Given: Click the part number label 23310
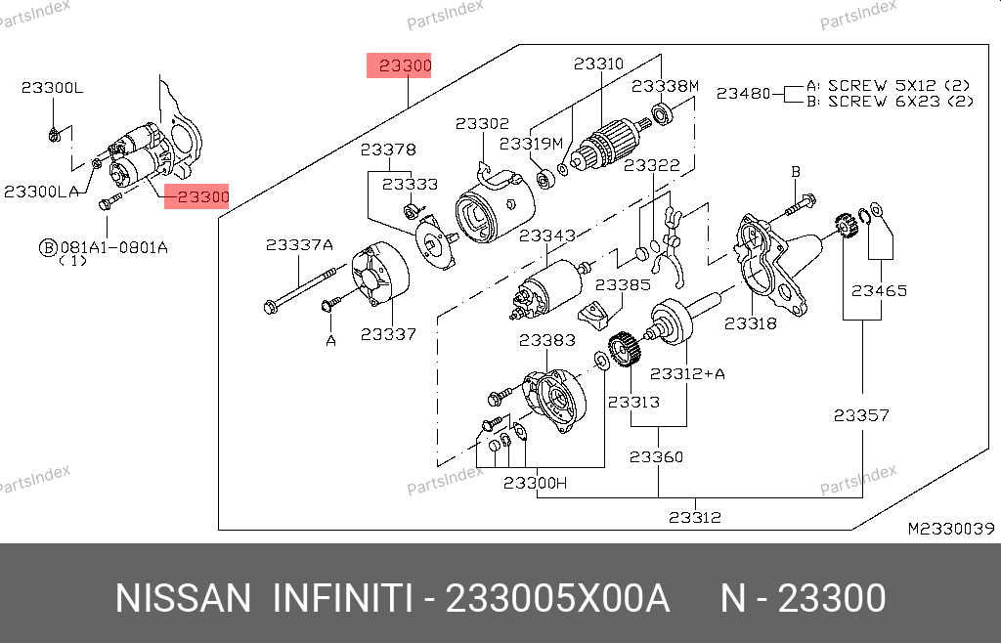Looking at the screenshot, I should [597, 64].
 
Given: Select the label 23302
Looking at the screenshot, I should [482, 124].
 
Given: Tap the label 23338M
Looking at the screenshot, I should [665, 86].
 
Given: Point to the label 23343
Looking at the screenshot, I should [546, 236].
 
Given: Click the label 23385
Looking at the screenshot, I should [623, 285].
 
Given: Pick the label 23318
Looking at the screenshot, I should [751, 322].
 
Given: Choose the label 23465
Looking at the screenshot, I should [878, 290].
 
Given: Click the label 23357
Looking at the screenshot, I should [861, 415].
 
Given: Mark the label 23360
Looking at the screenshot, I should [656, 456].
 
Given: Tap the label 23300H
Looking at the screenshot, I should [535, 482].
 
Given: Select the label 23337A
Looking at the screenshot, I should [299, 245].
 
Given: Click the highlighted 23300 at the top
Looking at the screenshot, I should [399, 66].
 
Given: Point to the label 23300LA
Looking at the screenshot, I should [41, 192].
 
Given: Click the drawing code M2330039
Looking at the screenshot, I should [950, 529].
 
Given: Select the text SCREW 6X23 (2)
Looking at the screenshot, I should [900, 101].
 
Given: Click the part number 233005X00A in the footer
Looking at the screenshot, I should [557, 598].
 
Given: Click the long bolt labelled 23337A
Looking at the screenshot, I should [298, 288].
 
